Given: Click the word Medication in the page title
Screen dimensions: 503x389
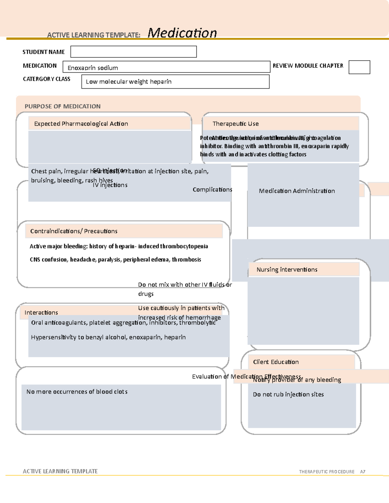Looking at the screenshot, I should tap(182, 33).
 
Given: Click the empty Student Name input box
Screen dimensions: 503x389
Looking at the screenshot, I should tap(133, 52).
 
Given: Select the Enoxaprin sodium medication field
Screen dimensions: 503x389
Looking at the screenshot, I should tap(166, 67).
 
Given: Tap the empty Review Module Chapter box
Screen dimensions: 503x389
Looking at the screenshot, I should tap(359, 67).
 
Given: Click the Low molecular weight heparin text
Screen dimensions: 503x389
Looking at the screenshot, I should tap(129, 82).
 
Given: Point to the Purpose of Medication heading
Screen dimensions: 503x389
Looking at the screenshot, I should tap(63, 106).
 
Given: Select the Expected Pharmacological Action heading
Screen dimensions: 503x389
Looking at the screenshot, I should tap(81, 124).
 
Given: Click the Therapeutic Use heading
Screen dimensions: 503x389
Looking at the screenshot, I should tap(236, 124).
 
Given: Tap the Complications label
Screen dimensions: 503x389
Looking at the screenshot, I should tap(212, 189).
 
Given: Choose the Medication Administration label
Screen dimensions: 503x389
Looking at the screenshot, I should tap(297, 191).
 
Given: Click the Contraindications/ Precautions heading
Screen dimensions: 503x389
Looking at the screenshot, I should tap(74, 231).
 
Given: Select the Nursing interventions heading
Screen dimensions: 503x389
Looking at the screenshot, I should tap(287, 269).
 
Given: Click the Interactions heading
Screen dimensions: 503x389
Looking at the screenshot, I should tap(41, 313).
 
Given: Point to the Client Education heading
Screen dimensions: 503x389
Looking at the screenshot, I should tap(276, 362).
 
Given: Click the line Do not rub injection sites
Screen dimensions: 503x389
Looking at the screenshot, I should tap(288, 394).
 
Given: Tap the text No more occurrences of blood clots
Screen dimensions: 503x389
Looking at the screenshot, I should tap(77, 392).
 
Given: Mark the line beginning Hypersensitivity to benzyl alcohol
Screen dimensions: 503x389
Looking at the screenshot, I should tap(108, 337).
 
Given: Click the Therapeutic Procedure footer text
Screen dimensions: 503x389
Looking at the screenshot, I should tap(327, 472).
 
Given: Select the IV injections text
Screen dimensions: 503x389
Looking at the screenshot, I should tap(110, 185).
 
